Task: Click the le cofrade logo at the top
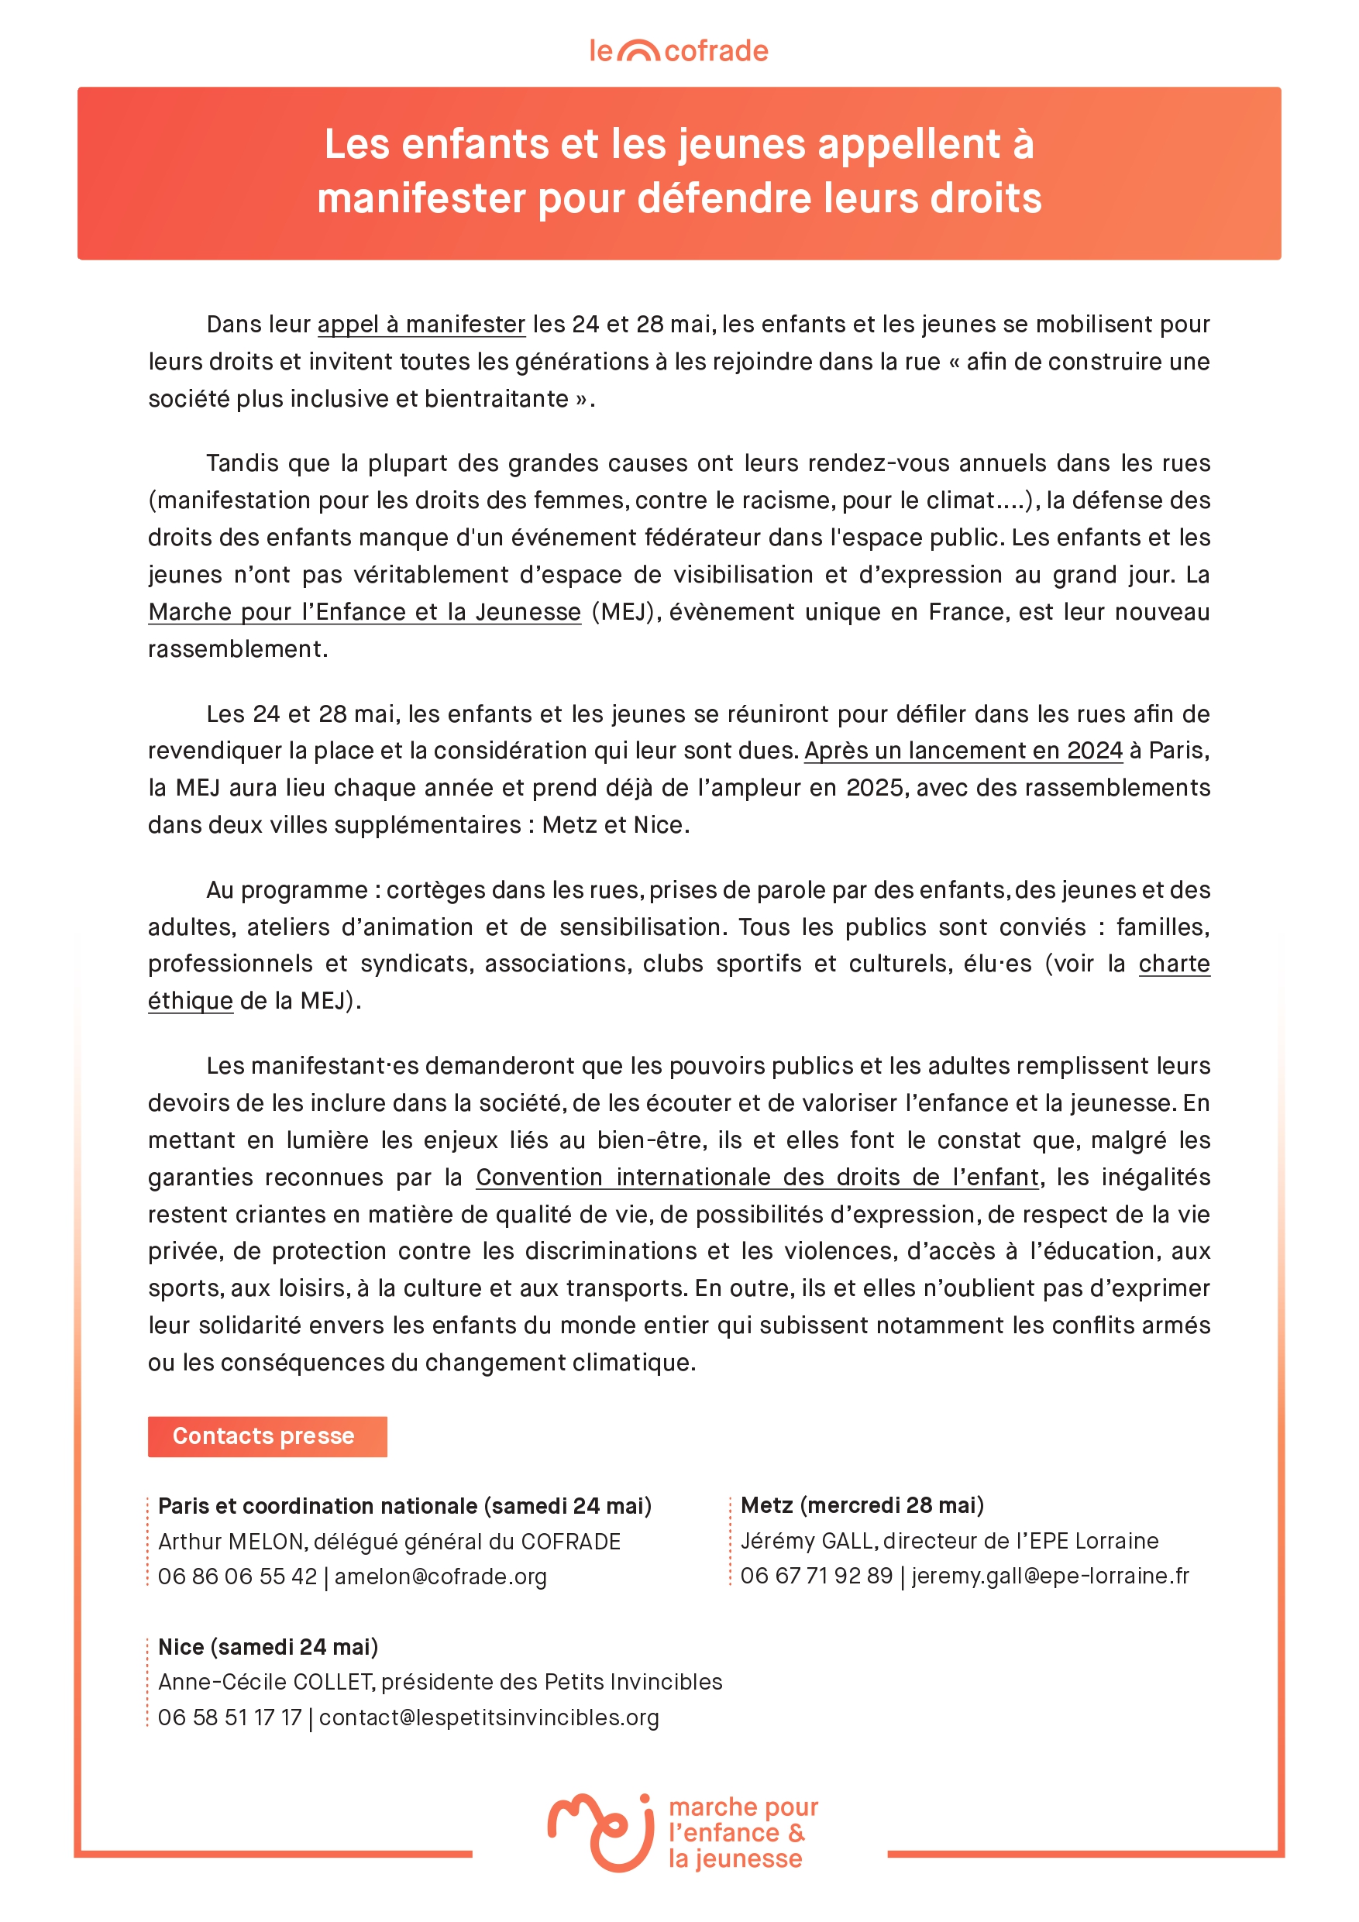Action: point(678,51)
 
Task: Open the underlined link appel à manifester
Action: point(421,324)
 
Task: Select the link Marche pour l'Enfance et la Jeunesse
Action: point(364,612)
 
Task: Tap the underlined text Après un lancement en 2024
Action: point(963,750)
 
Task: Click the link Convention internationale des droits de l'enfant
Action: point(757,1177)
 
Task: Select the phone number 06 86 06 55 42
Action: point(238,1576)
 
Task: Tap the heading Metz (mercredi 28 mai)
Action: point(862,1505)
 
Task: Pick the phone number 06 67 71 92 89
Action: point(817,1576)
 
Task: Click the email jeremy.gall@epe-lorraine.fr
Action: point(1050,1576)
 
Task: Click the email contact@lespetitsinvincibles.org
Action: point(489,1717)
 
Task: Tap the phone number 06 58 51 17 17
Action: point(229,1717)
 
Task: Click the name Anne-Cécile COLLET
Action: point(266,1682)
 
